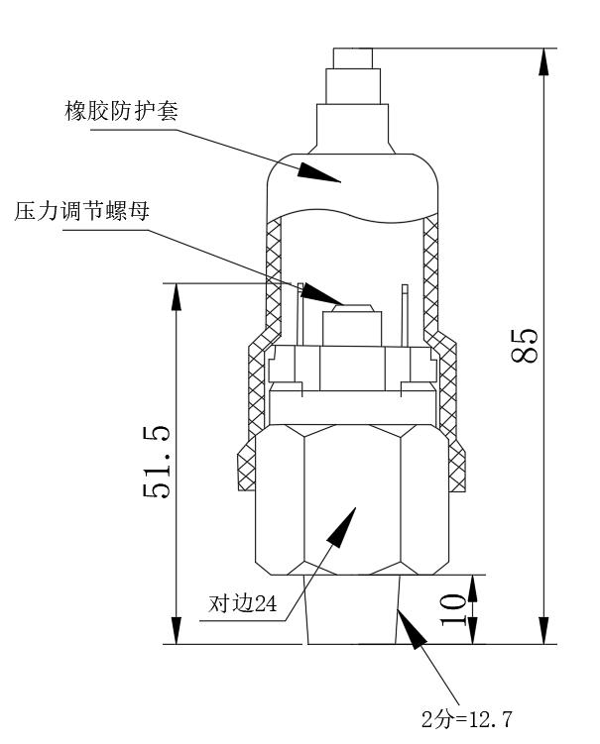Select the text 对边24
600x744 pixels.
241,603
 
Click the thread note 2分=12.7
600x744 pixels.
468,718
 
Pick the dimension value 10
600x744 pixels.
451,608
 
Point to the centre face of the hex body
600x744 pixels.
352,495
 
